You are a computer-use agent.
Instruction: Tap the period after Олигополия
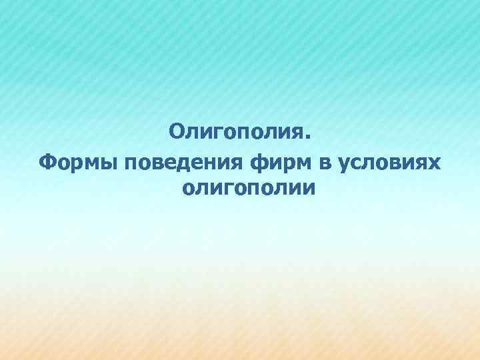coord(307,137)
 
